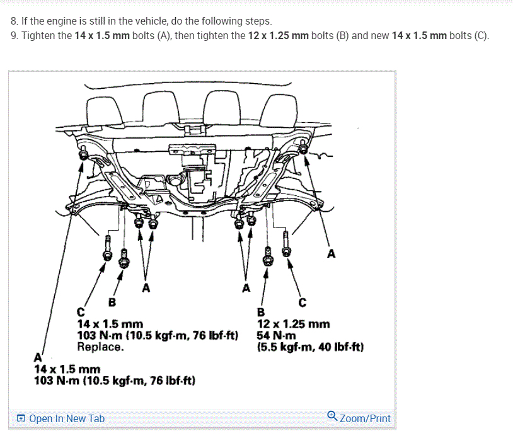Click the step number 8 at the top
[14, 21]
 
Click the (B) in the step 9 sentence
[343, 35]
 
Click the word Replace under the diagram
[100, 347]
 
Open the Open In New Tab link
[67, 418]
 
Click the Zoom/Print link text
[365, 418]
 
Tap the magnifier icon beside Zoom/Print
[332, 416]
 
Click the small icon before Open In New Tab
[21, 418]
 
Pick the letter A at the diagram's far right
[331, 255]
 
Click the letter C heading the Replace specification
[81, 313]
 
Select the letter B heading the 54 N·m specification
[262, 313]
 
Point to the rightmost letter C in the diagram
[303, 302]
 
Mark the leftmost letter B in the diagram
[113, 302]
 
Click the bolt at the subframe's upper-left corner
[82, 153]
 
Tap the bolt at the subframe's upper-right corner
[304, 149]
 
